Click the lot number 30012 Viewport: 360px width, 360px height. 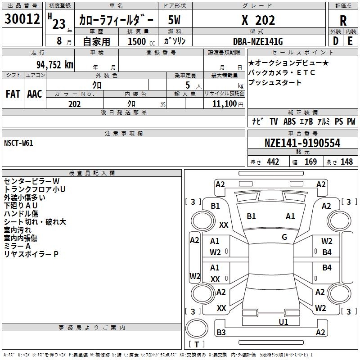tap(22, 19)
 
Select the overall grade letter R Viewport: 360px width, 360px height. tap(343, 20)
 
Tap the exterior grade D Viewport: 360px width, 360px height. tap(335, 40)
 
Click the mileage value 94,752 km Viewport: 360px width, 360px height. tap(55, 64)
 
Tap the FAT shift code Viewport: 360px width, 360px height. tap(13, 94)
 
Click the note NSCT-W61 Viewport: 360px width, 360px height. tap(18, 143)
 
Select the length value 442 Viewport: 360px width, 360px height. tap(273, 162)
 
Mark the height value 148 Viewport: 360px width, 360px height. tap(346, 162)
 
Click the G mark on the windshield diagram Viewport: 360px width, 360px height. tap(284, 237)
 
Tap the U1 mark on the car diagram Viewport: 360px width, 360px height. tap(283, 322)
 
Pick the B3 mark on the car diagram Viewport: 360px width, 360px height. tap(221, 333)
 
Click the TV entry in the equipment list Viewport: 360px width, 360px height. tap(274, 121)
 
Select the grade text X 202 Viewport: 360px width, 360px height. tap(259, 20)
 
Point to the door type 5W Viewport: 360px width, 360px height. tap(175, 20)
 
